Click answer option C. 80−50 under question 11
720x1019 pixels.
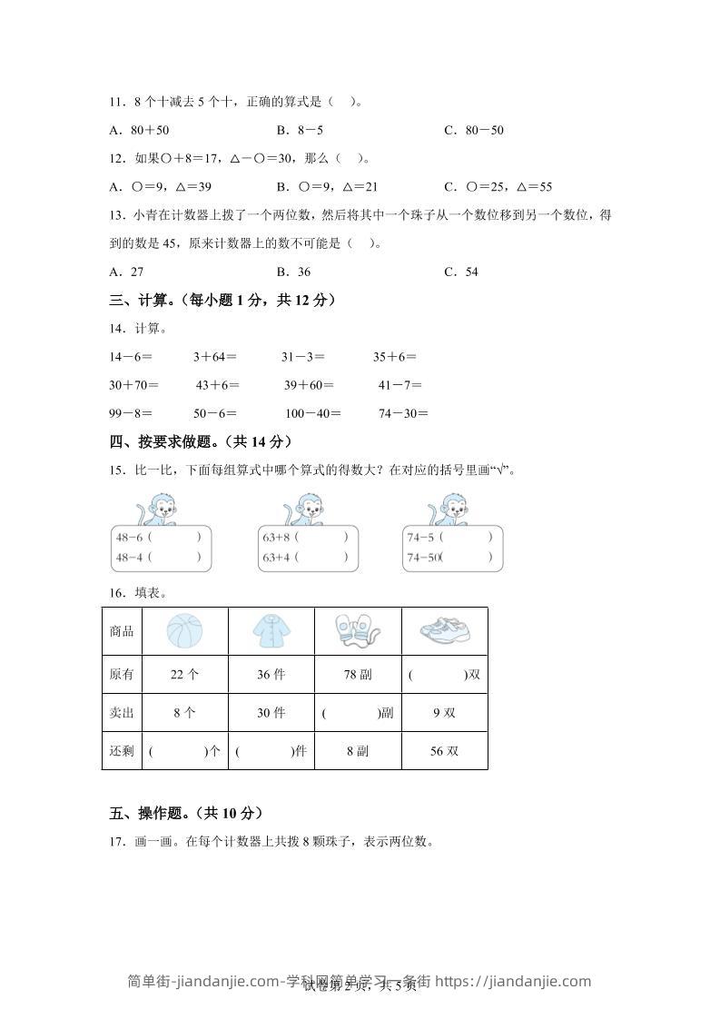(473, 130)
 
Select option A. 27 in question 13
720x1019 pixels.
(126, 272)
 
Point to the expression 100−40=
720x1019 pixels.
(312, 413)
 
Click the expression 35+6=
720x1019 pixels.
(395, 357)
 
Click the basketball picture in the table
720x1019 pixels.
(184, 631)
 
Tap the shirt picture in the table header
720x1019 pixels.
(271, 631)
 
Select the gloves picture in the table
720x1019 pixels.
(357, 631)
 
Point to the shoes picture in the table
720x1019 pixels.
(444, 631)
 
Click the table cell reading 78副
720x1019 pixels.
(357, 675)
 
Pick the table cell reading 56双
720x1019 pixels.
(444, 751)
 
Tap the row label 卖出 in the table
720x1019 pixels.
(122, 713)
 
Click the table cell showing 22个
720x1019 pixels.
(184, 675)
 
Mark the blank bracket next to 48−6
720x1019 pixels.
(173, 537)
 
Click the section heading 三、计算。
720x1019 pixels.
(144, 300)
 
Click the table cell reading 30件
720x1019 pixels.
(271, 713)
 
